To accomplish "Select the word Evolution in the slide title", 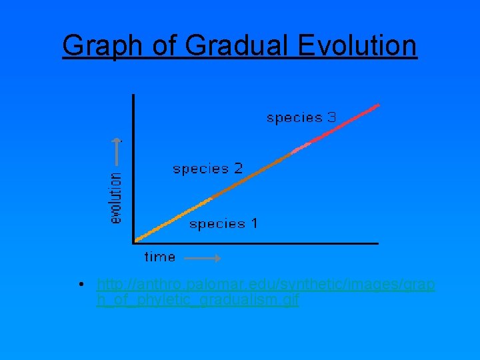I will point(357,46).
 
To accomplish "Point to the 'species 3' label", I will point(301,118).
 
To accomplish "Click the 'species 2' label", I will point(208,169).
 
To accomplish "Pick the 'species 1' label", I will point(223,224).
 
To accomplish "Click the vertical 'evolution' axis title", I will point(116,198).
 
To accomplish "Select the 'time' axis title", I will point(160,257).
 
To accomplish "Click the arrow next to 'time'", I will point(202,257).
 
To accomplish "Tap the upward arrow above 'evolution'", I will point(117,151).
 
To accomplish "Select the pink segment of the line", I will point(301,148).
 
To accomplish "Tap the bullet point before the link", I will point(80,285).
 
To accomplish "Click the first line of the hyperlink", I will point(265,285).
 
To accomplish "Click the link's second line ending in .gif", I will point(197,301).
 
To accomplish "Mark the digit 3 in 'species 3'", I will point(331,118).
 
